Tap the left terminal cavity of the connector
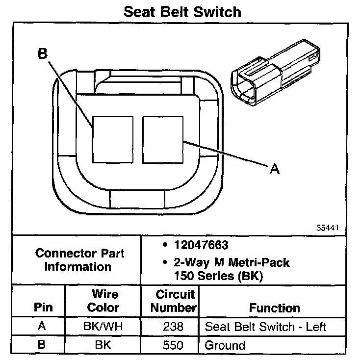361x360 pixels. (112, 139)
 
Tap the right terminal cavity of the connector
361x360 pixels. (162, 139)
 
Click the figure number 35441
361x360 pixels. (328, 228)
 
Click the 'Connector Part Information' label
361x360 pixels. (79, 260)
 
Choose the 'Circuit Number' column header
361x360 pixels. (174, 301)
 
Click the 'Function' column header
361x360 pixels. (275, 308)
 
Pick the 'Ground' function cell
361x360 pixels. (225, 345)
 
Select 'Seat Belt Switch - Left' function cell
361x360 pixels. (265, 327)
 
